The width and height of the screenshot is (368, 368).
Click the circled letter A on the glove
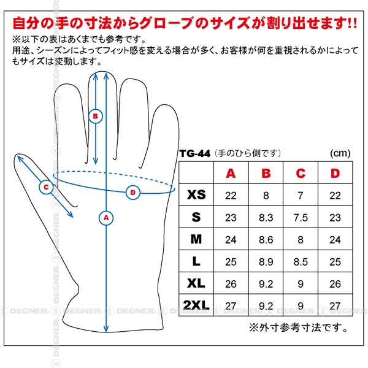pyautogui.click(x=106, y=218)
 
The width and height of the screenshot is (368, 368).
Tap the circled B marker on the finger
pyautogui.click(x=96, y=116)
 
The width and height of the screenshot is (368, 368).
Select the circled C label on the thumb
pyautogui.click(x=46, y=187)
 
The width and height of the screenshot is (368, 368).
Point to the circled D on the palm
pyautogui.click(x=133, y=193)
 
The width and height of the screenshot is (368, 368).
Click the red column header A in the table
pyautogui.click(x=231, y=174)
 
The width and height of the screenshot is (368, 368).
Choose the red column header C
pyautogui.click(x=301, y=174)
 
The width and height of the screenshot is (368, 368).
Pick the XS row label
pyautogui.click(x=196, y=195)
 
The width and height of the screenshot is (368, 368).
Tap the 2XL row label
pyautogui.click(x=196, y=305)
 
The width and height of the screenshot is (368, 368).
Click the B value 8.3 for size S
pyautogui.click(x=266, y=218)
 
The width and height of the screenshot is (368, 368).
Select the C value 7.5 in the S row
pyautogui.click(x=301, y=218)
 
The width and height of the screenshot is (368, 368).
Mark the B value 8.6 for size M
pyautogui.click(x=266, y=240)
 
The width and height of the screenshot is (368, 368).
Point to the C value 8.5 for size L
pyautogui.click(x=301, y=262)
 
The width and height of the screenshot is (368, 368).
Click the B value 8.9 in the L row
pyautogui.click(x=266, y=262)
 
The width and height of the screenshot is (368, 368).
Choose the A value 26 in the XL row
pyautogui.click(x=231, y=284)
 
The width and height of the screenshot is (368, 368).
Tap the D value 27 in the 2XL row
pyautogui.click(x=335, y=306)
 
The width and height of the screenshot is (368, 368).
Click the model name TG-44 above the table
pyautogui.click(x=195, y=154)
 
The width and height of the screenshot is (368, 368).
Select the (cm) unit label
pyautogui.click(x=340, y=153)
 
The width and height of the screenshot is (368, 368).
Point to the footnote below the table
pyautogui.click(x=298, y=328)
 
